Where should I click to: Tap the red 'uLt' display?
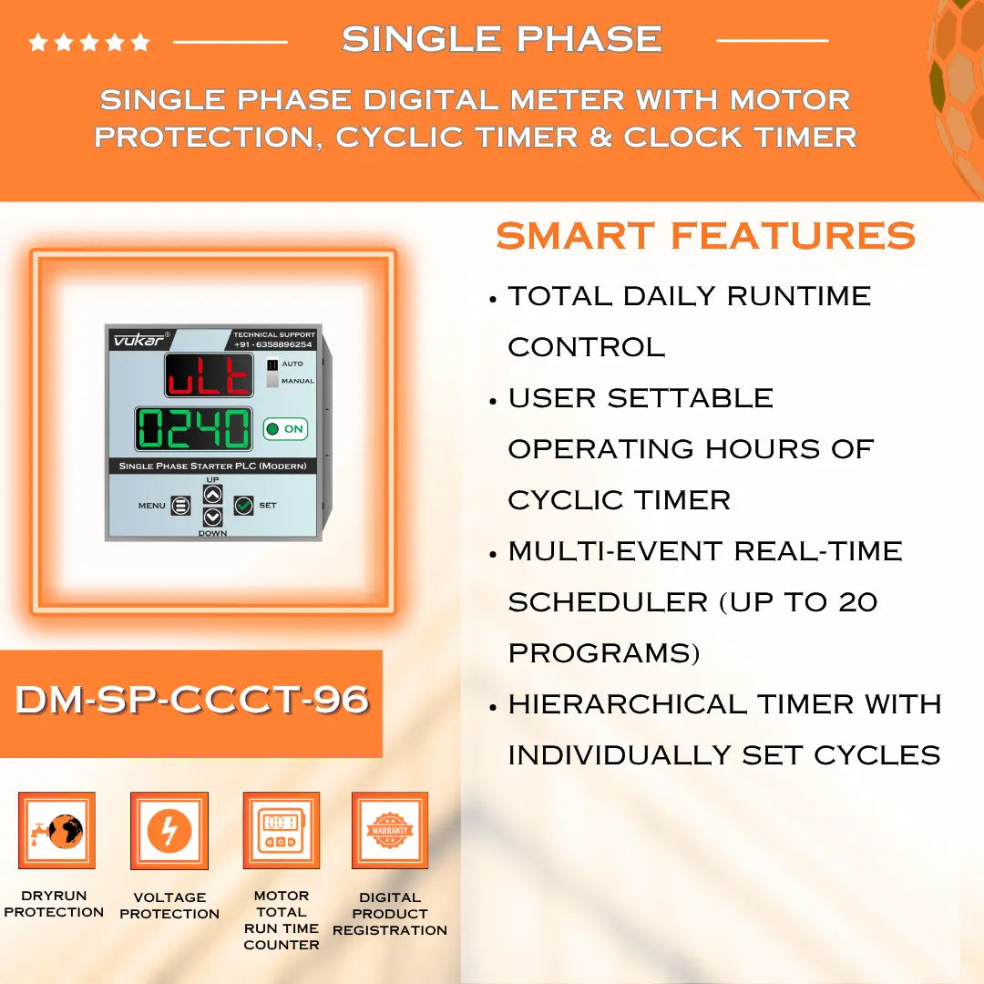(209, 375)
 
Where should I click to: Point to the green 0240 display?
(193, 428)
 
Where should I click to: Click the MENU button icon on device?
(180, 506)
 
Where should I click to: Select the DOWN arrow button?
(212, 517)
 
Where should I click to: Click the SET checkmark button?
(243, 505)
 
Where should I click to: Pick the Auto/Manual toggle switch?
(272, 373)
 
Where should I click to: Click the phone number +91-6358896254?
(273, 344)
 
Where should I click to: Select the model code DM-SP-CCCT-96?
(191, 700)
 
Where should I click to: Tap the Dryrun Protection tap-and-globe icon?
(56, 831)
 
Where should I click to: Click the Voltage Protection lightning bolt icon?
(169, 831)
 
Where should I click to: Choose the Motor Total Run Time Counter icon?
(281, 831)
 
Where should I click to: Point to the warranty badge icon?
(390, 831)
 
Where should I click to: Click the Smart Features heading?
(705, 236)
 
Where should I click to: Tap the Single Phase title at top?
(501, 39)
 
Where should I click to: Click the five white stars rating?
(89, 42)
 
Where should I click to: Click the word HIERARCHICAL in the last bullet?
(627, 704)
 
